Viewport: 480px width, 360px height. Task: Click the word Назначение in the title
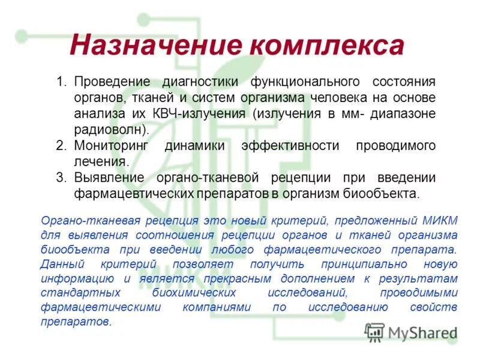click(x=154, y=46)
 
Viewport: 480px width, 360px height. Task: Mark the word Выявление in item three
click(x=109, y=178)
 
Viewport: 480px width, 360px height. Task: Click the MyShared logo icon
click(x=375, y=332)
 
